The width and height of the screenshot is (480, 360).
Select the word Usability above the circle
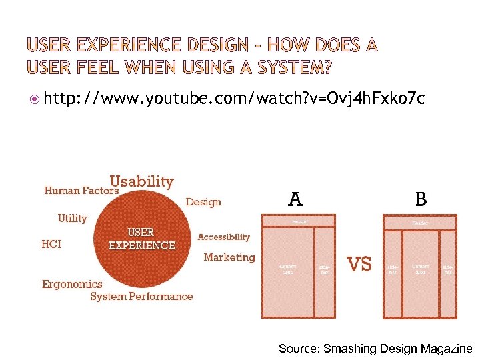pos(141,181)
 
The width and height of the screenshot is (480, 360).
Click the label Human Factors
pos(81,191)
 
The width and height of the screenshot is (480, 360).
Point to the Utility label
pos(73,218)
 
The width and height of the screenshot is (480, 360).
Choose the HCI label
pos(51,244)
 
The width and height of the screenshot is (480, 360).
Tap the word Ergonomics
pos(73,284)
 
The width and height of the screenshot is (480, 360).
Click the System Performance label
pos(141,297)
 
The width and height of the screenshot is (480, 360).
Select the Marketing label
pos(229,257)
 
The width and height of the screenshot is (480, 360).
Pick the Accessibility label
pos(224,237)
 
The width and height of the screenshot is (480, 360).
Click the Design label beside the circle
pos(203,201)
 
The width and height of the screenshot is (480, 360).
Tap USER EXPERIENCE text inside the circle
pos(142,239)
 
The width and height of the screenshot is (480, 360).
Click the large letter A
pos(295,199)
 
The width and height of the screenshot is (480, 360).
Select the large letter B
pos(421,199)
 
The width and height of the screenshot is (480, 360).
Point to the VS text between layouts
pos(360,264)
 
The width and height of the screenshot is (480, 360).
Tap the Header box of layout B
pos(419,223)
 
